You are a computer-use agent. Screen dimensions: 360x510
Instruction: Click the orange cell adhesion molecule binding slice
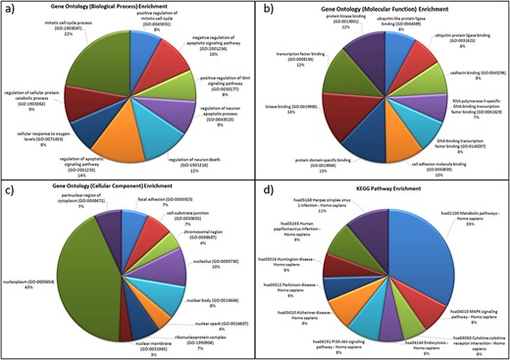[378, 126]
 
